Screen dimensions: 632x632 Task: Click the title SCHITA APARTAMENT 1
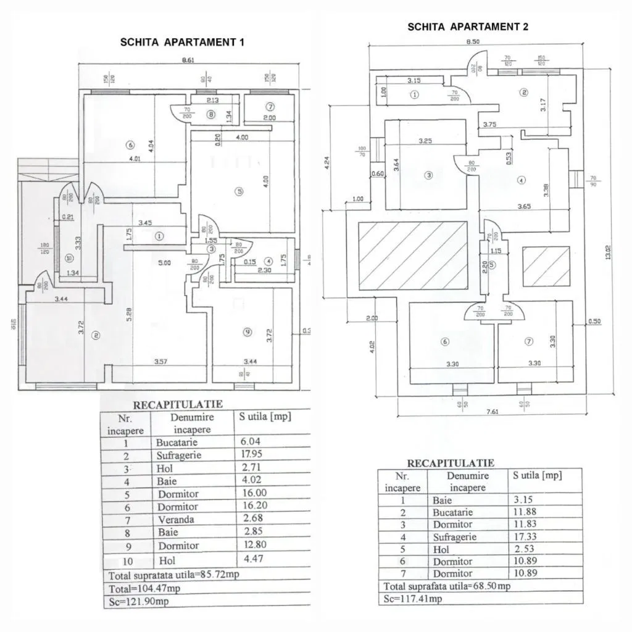point(182,43)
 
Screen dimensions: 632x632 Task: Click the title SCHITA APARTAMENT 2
point(467,27)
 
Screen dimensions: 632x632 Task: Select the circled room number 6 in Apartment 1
point(129,145)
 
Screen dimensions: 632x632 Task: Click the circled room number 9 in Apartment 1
point(247,332)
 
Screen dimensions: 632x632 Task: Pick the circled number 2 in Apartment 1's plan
point(96,336)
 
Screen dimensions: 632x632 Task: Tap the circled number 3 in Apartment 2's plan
point(429,175)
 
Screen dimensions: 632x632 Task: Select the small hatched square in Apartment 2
point(546,267)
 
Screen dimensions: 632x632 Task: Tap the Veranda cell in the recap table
point(176,520)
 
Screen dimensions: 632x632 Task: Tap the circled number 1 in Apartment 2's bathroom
point(414,94)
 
